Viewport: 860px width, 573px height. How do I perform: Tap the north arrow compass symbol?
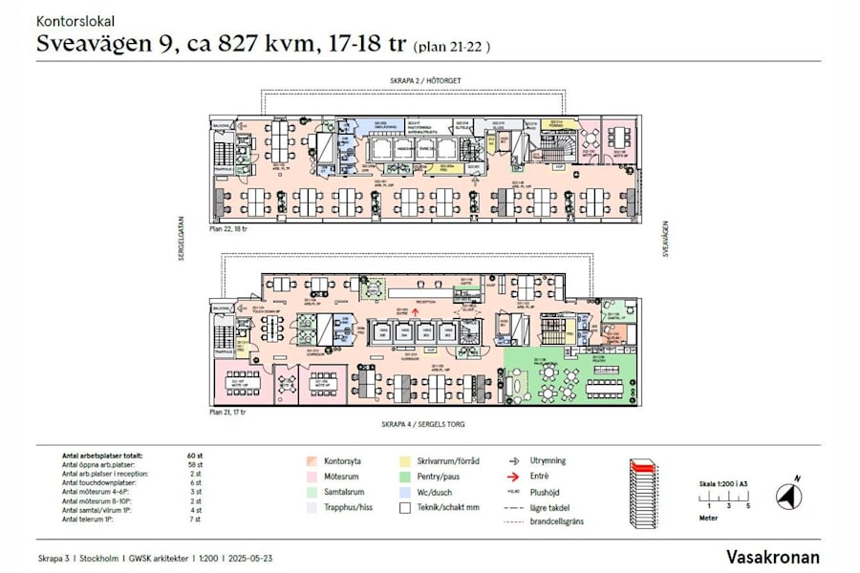click(789, 496)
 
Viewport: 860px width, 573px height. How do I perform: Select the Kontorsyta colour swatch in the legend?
click(312, 460)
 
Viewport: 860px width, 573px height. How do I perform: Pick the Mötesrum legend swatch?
click(312, 476)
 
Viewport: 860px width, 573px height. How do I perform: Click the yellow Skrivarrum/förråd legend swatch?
click(406, 460)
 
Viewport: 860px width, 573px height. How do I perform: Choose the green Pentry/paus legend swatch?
click(406, 476)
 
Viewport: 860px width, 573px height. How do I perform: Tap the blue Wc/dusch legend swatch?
click(406, 492)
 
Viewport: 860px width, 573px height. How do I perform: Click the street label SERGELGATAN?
click(179, 244)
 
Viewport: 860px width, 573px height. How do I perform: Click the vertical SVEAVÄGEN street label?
click(664, 239)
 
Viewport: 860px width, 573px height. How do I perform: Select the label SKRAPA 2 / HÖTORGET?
click(425, 81)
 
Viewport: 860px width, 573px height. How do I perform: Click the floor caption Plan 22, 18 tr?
click(228, 229)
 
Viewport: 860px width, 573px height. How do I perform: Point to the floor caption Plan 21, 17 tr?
click(228, 413)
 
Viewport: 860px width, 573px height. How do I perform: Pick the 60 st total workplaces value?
click(195, 456)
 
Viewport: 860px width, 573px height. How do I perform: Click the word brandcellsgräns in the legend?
click(556, 521)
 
